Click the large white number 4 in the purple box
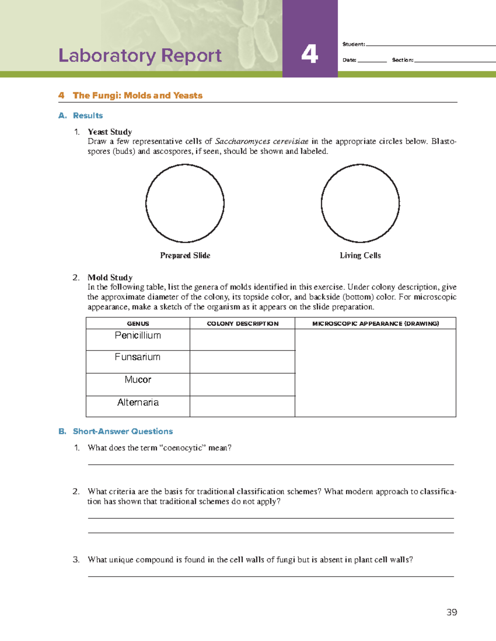(x=310, y=54)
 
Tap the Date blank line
(x=372, y=60)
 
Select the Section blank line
(x=455, y=60)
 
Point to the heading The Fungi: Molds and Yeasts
(x=137, y=95)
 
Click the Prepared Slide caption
(x=185, y=255)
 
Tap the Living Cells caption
(x=360, y=255)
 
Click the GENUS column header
(x=138, y=324)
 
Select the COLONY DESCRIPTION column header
(x=242, y=324)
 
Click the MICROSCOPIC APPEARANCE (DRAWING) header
(x=375, y=324)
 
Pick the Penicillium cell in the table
(x=138, y=336)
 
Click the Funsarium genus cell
(x=138, y=357)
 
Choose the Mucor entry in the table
(x=138, y=380)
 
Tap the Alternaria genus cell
(x=138, y=402)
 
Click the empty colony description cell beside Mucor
(x=242, y=385)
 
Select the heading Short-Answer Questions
(x=123, y=431)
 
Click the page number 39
(x=451, y=612)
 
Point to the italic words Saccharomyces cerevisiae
(x=262, y=142)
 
